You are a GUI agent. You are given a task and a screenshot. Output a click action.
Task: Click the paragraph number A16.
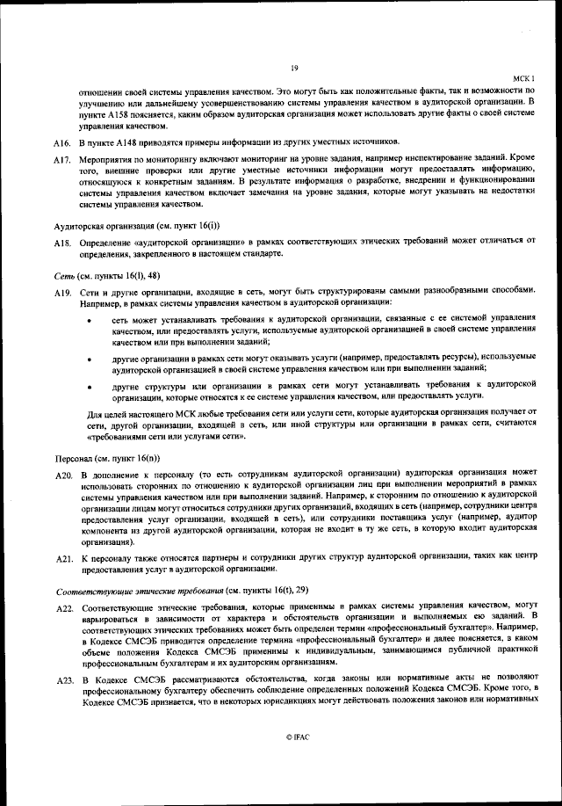61,142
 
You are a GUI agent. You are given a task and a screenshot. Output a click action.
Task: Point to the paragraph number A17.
61,161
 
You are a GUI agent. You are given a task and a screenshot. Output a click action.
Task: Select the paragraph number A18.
61,242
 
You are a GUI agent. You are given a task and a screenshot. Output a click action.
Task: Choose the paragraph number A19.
61,291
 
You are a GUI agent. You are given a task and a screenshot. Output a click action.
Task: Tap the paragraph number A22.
61,607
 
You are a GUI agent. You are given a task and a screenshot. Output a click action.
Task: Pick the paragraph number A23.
61,680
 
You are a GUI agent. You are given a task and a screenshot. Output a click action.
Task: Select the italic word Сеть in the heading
65,275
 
